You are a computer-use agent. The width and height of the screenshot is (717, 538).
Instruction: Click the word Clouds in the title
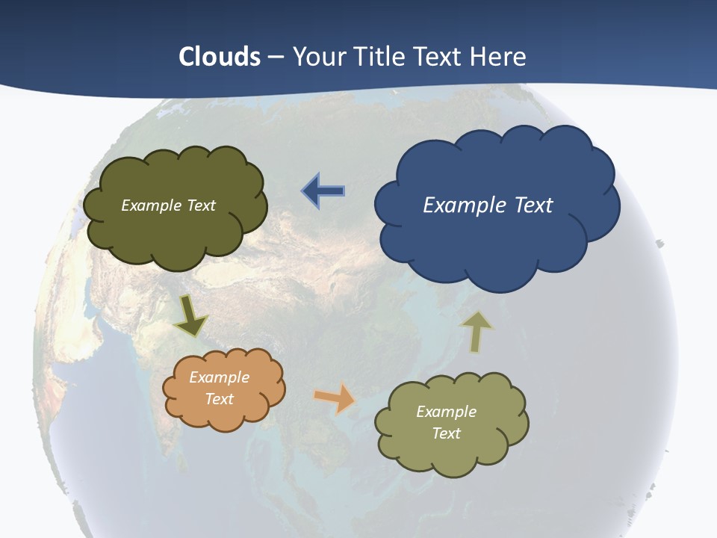pyautogui.click(x=220, y=57)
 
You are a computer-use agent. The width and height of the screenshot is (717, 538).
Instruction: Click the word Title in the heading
pyautogui.click(x=378, y=57)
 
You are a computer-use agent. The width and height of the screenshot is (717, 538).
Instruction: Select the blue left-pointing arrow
pyautogui.click(x=323, y=191)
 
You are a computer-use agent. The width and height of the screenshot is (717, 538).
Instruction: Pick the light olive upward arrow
pyautogui.click(x=477, y=331)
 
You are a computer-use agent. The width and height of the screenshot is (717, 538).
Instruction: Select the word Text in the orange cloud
pyautogui.click(x=220, y=399)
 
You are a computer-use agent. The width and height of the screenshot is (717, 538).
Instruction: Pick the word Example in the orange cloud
pyautogui.click(x=220, y=377)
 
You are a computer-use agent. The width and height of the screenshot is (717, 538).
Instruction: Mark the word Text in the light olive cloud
pyautogui.click(x=446, y=433)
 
